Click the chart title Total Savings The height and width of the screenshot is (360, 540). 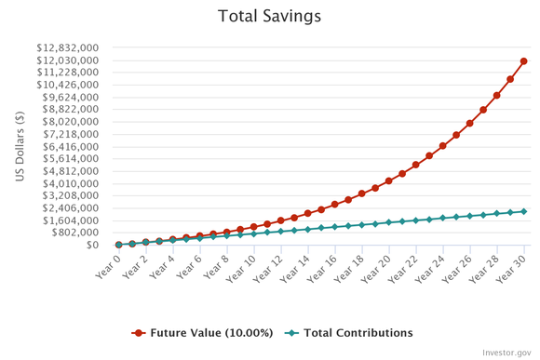tap(270, 16)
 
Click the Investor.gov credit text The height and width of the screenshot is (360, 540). tap(506, 353)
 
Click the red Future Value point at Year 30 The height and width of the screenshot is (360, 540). tap(524, 61)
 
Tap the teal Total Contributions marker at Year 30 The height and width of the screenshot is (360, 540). tap(524, 211)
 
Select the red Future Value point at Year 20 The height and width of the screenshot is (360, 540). tap(389, 180)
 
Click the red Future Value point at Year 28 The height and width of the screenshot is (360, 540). tap(497, 95)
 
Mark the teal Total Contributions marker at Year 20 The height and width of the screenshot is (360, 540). tap(389, 222)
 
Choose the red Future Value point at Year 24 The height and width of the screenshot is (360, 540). tap(443, 146)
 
